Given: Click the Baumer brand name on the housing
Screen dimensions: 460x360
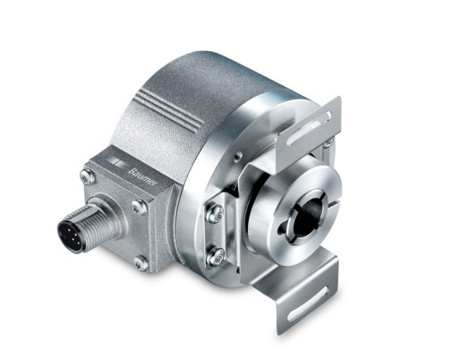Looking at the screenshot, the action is click(142, 177).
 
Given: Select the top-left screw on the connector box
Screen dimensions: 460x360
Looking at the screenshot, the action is click(88, 176).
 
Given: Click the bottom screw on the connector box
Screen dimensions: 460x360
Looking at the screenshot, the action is click(141, 263).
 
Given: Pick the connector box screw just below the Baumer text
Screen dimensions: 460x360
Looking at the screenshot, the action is click(140, 207).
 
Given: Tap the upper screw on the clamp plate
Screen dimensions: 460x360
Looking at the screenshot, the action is click(216, 212).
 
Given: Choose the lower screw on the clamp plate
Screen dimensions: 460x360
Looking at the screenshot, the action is click(216, 255).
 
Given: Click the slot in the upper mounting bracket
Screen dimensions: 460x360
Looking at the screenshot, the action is click(309, 128).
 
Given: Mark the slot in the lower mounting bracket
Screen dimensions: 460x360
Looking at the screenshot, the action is click(308, 304).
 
